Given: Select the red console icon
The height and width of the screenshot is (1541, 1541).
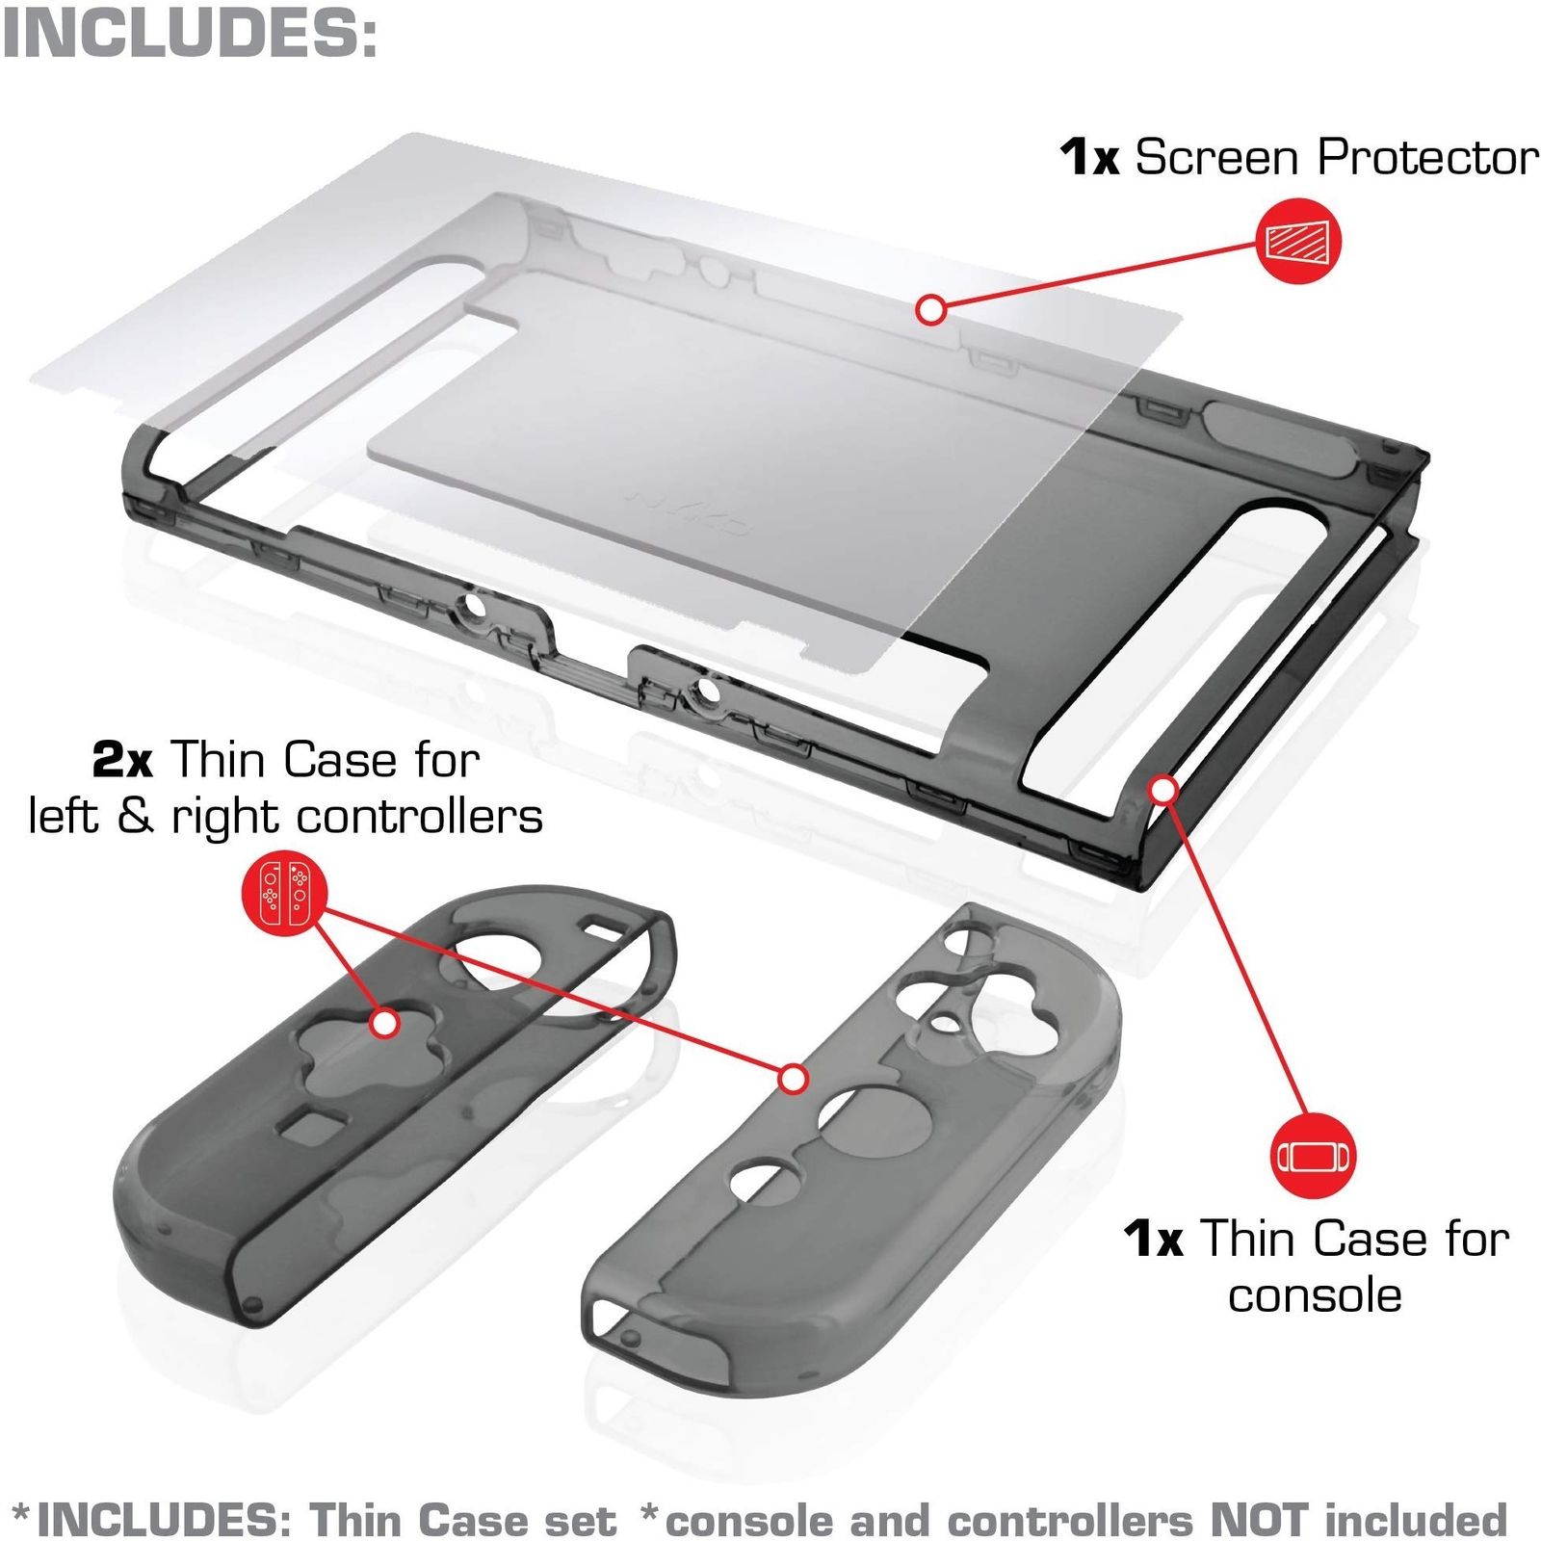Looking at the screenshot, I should coord(1313,1156).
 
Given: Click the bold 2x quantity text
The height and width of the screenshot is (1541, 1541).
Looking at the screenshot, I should coord(122,761).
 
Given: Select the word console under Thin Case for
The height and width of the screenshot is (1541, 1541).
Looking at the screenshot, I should coord(1315,1294).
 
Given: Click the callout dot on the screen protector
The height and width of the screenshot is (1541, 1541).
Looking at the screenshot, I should coord(931,310).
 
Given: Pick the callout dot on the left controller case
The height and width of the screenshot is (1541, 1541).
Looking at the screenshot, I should coord(384,1023).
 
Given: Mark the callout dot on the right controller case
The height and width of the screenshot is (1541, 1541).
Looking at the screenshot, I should coord(793,1079).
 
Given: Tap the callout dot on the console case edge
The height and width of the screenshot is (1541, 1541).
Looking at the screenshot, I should coord(1165,790).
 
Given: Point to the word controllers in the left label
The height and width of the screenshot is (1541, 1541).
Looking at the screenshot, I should coord(420,817).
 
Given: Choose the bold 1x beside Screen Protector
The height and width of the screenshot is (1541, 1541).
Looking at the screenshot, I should coord(1089,157).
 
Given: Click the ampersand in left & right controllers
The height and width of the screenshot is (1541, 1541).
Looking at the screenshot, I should coord(136,817).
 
